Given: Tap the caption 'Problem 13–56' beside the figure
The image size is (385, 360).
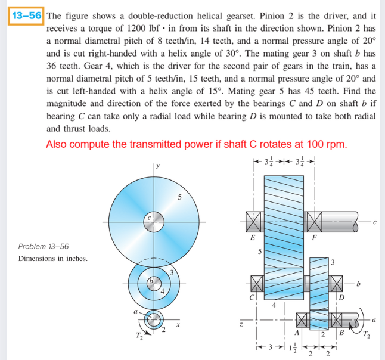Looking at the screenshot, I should (44, 246).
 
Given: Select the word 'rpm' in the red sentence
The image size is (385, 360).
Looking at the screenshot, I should (336, 145).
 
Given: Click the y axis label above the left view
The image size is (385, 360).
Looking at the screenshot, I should (157, 165).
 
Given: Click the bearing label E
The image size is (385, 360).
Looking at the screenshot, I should (252, 237).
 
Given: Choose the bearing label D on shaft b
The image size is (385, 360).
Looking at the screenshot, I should (341, 296).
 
